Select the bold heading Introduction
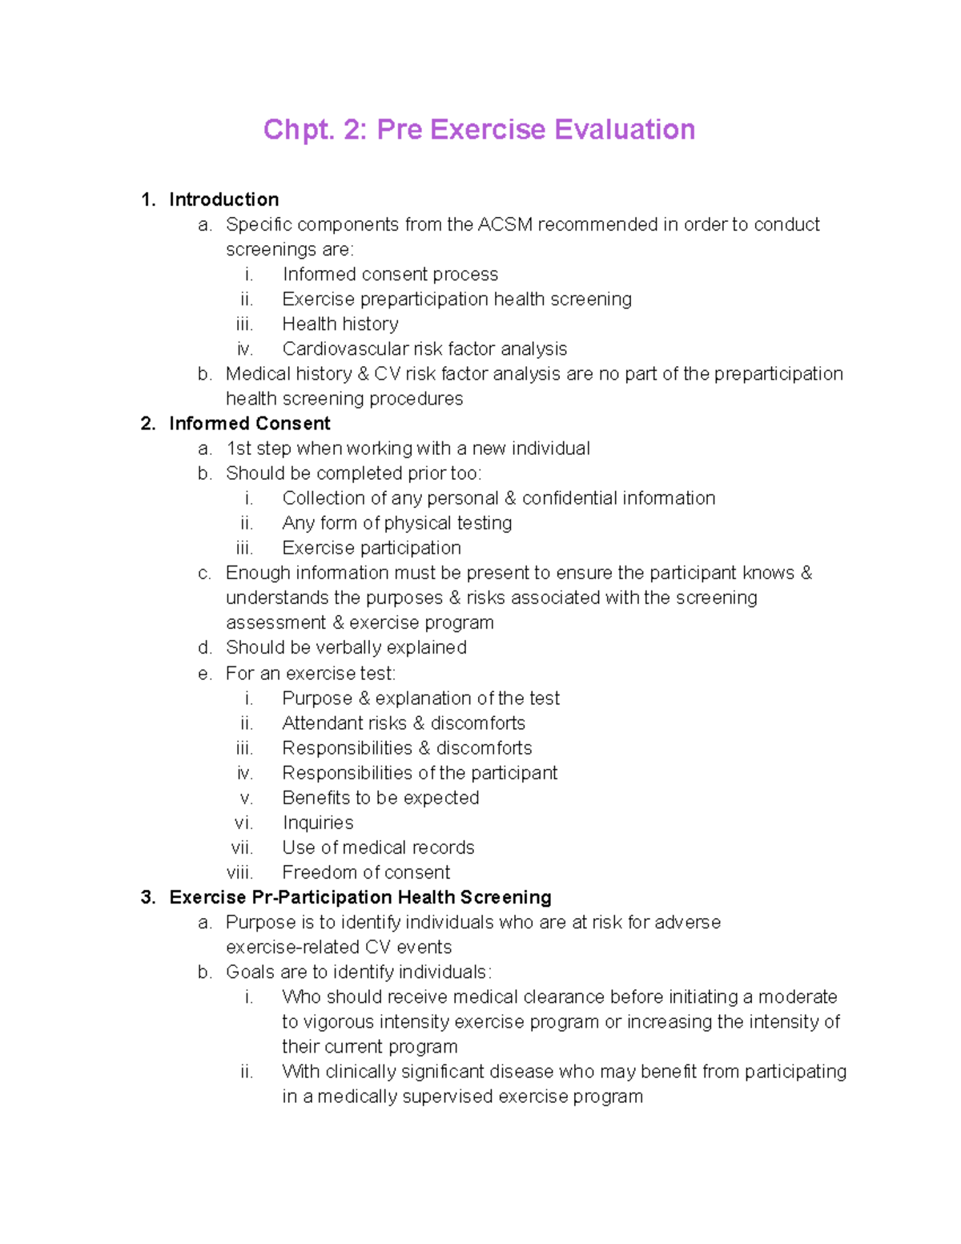[223, 199]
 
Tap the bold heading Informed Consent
[249, 424]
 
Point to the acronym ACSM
[505, 224]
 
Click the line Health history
[340, 324]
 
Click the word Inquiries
[318, 823]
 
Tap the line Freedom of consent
[366, 872]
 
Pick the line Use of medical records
[378, 847]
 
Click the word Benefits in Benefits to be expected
[316, 798]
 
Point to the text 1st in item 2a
[239, 449]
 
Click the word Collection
[320, 498]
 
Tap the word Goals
[249, 972]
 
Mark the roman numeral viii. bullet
[240, 872]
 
